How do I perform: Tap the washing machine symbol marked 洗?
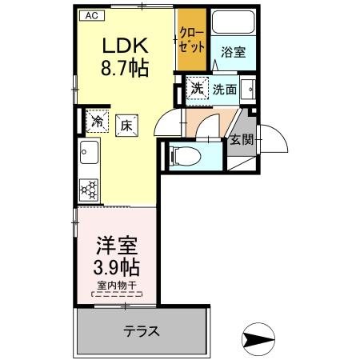tap(196, 89)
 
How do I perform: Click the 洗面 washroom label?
tap(224, 90)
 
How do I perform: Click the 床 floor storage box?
tap(126, 124)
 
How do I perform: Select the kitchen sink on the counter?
tap(87, 152)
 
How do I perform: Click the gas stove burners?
tap(88, 189)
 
